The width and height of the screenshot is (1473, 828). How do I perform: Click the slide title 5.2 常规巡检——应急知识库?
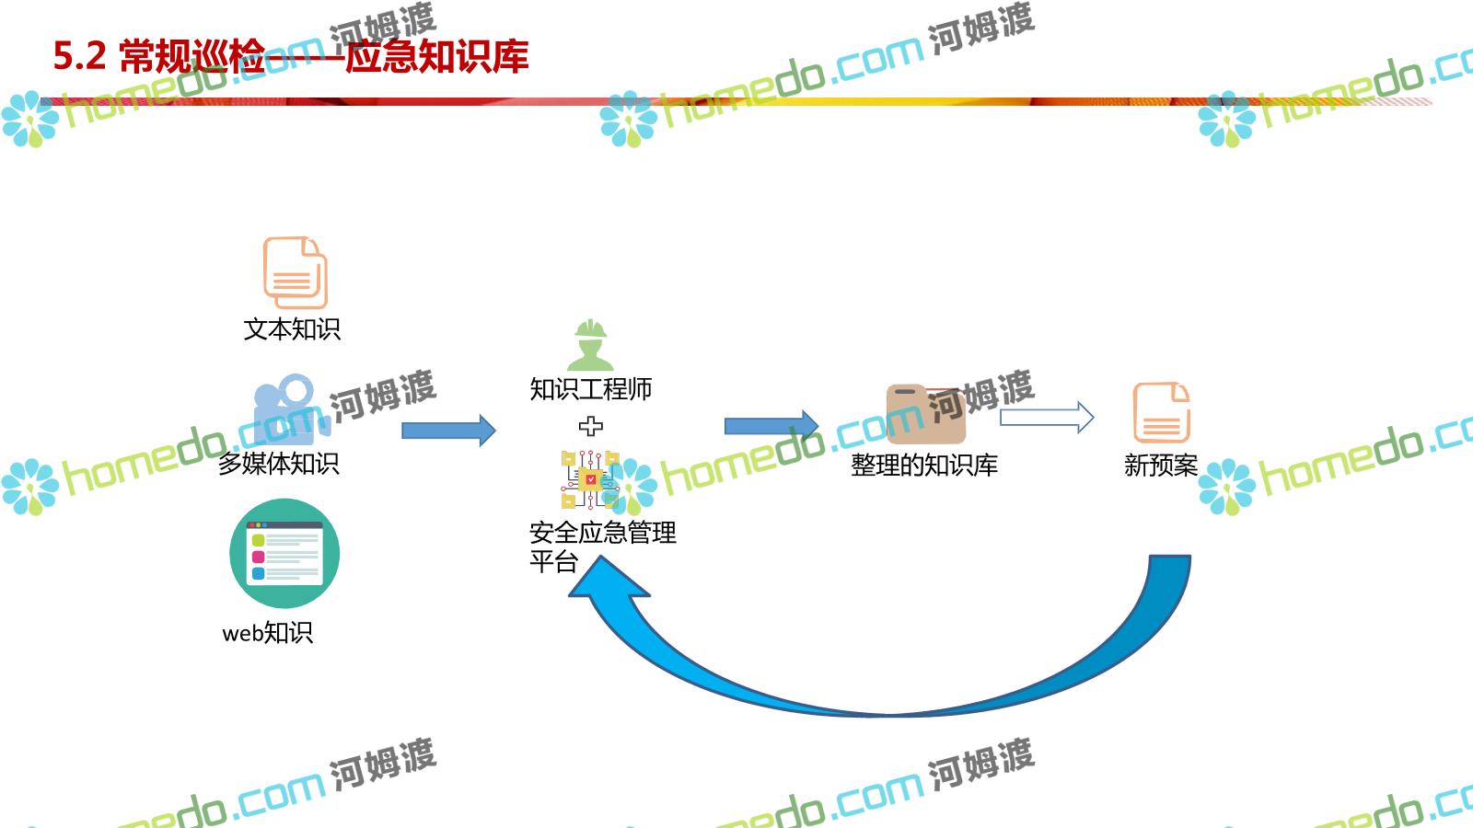291,56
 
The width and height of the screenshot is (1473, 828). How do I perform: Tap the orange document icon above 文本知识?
295,272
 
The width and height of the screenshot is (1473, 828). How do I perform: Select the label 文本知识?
292,329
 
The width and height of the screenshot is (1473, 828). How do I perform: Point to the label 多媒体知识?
278,463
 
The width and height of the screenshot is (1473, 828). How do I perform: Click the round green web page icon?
284,554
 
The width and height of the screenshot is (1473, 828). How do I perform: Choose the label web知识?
268,633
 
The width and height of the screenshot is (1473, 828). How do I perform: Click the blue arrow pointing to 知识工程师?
448,430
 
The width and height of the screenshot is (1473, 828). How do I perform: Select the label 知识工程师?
590,389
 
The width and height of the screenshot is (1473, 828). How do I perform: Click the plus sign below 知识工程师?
591,426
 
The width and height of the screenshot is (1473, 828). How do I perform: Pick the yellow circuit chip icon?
589,479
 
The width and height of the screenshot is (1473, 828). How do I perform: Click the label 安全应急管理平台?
602,546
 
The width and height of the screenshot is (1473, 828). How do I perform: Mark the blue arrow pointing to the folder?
771,425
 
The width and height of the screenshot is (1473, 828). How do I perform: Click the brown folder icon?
925,414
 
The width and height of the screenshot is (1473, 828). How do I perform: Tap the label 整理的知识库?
924,466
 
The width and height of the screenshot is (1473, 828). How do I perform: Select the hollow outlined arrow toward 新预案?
1047,418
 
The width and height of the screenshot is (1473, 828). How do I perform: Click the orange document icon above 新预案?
1161,413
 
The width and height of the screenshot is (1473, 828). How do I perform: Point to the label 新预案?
1161,466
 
